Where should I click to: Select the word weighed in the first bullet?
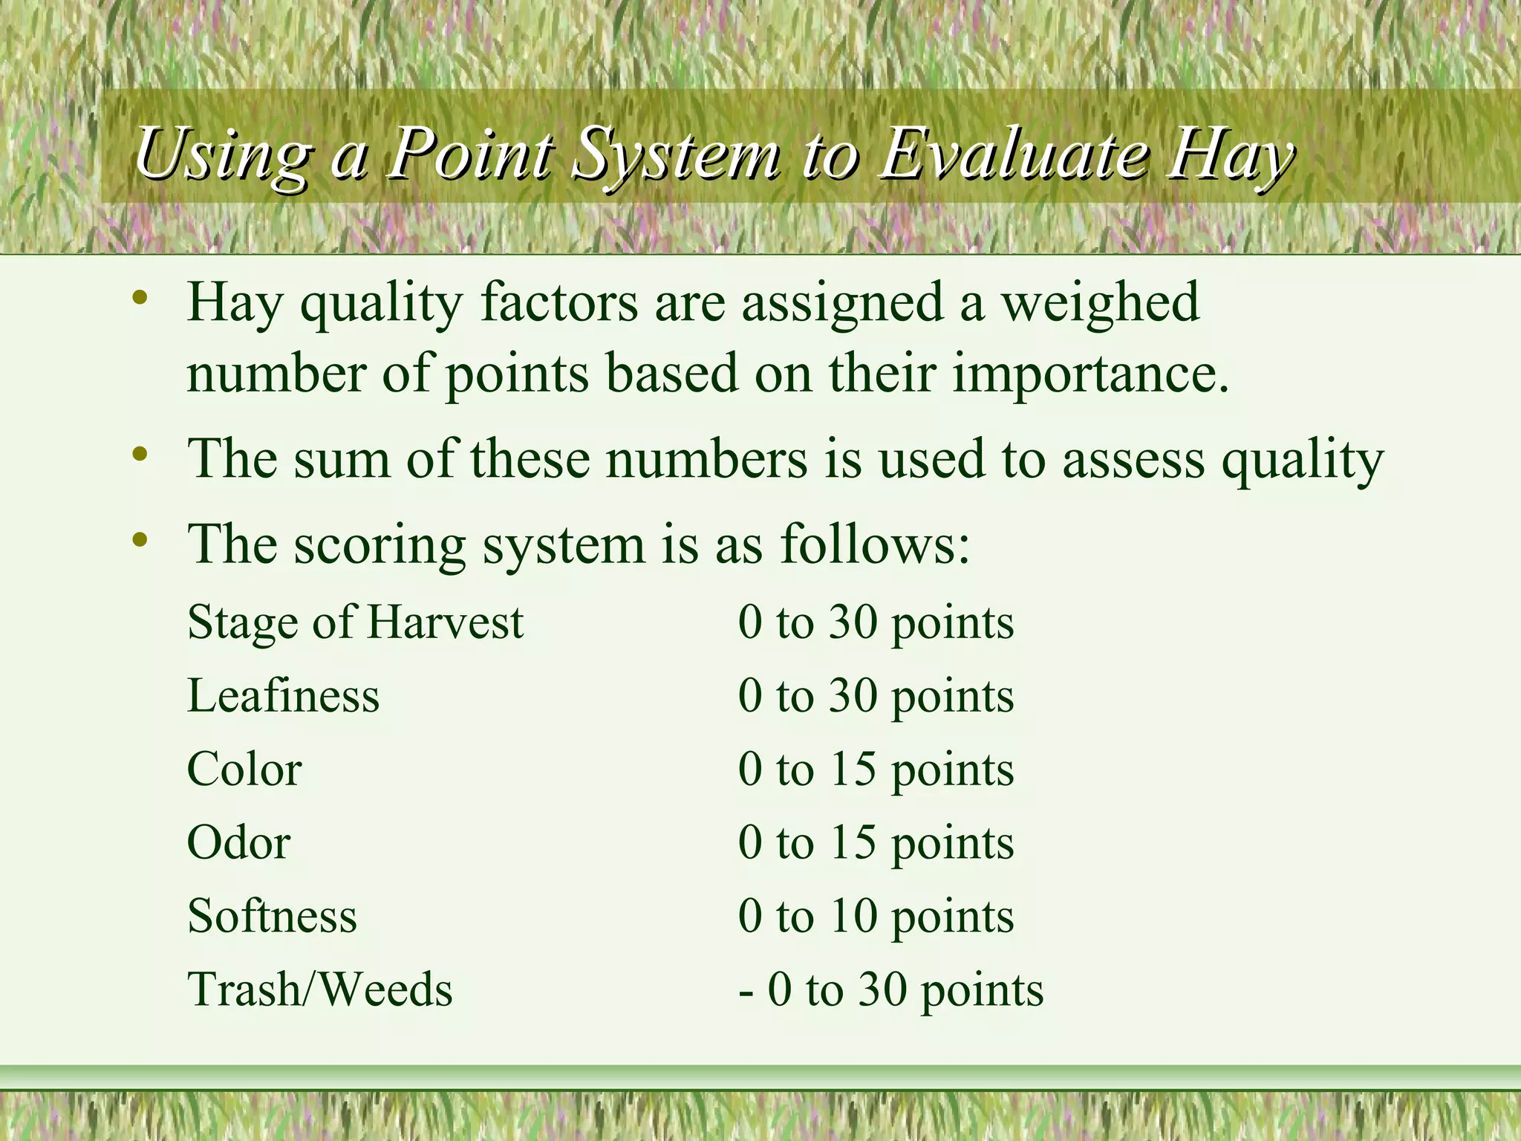1101,303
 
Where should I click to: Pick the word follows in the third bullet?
875,545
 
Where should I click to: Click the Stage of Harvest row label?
355,622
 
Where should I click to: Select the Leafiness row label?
283,696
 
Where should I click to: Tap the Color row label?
244,769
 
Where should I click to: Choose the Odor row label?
238,842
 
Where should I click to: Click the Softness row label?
272,915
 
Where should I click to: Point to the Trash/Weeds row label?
319,989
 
